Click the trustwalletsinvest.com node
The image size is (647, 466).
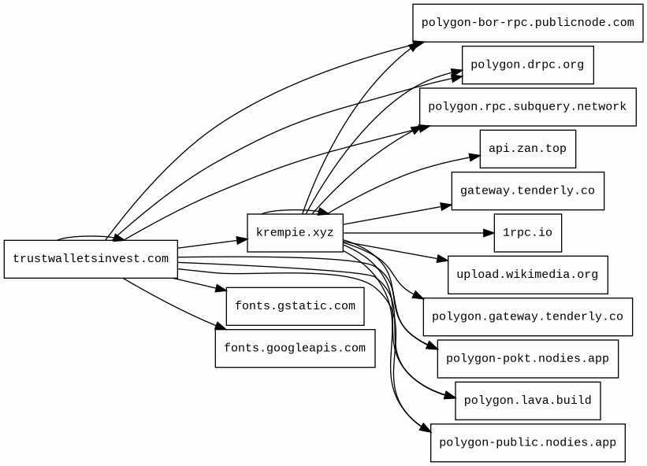[x=91, y=259]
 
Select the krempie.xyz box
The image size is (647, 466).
[x=295, y=233]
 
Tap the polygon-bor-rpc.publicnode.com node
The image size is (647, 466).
[x=527, y=23]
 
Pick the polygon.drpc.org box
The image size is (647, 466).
[x=527, y=65]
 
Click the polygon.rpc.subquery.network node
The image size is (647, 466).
[x=527, y=107]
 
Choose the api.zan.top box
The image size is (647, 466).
[x=527, y=149]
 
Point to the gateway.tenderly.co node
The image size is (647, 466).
[x=527, y=191]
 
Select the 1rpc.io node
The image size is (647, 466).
[x=527, y=233]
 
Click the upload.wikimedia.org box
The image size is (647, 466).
[x=527, y=275]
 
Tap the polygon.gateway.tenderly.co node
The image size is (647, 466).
[x=527, y=317]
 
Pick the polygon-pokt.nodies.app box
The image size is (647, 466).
[x=527, y=359]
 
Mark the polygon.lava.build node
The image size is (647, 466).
[x=527, y=401]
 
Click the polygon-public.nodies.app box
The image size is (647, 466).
[x=527, y=443]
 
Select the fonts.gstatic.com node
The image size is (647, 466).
[x=295, y=306]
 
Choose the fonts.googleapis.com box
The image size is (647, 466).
[x=295, y=349]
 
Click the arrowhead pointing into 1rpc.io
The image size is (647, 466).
[x=489, y=233]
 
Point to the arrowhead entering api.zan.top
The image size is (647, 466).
[x=474, y=157]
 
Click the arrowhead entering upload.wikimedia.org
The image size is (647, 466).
[x=442, y=259]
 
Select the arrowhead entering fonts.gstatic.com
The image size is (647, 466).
[x=221, y=291]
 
